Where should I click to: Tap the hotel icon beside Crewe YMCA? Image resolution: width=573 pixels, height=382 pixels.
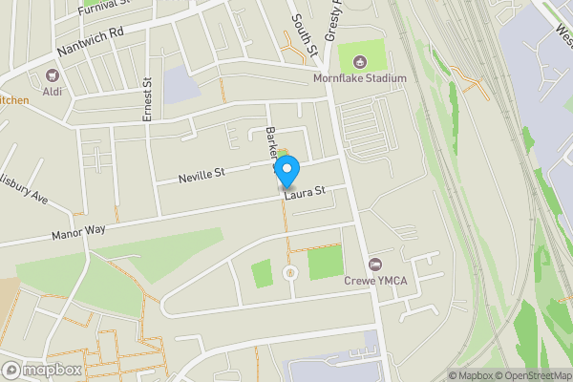tap(374, 265)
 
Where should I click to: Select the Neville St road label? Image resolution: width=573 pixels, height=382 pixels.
tap(201, 175)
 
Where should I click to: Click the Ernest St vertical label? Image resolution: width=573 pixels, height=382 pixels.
tap(148, 99)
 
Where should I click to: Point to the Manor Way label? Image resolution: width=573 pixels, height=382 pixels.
tap(80, 231)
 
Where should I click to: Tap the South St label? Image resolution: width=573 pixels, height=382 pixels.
tap(298, 33)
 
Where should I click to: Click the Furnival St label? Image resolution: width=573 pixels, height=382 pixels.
tap(105, 5)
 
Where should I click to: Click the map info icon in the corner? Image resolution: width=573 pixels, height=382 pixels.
tap(439, 375)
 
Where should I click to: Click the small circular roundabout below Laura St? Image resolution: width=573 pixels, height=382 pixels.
tap(289, 274)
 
